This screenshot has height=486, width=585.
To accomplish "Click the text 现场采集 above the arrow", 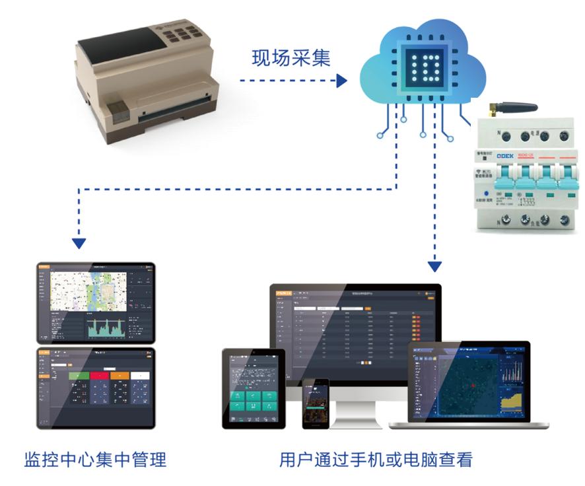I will coord(291,59).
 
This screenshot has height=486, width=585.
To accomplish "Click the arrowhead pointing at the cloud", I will coord(341,81).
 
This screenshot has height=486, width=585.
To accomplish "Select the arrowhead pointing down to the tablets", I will coord(79,244).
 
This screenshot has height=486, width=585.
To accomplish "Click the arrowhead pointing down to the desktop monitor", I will coord(434,267).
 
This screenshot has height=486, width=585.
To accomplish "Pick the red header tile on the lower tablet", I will coord(100,376).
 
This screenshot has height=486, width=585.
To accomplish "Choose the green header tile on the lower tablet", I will coord(79,376).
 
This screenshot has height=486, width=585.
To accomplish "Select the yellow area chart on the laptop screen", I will coord(512,400).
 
